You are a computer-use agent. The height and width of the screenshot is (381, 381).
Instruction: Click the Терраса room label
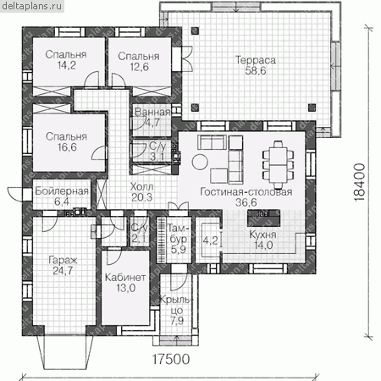click(256, 60)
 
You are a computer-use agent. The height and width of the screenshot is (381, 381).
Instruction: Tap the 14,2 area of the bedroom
click(67, 65)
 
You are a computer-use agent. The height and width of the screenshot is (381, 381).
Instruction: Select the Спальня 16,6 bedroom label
click(66, 141)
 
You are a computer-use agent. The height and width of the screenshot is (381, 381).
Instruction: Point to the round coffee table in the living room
click(200, 162)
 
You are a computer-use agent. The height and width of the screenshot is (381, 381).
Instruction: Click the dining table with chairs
click(279, 164)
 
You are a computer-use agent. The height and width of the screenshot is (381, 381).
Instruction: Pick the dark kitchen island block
click(264, 218)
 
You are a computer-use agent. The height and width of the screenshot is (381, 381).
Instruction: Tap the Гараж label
click(63, 260)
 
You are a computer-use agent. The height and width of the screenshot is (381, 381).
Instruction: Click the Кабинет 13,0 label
click(125, 283)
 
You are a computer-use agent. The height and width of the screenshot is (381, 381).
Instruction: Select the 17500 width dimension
click(171, 359)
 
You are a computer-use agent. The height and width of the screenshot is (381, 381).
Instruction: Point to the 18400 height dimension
click(359, 182)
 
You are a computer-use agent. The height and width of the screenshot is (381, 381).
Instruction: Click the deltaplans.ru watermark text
click(31, 6)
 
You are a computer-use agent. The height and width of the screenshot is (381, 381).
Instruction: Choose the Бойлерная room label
click(62, 191)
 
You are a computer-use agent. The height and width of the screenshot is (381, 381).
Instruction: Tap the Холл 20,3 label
click(142, 192)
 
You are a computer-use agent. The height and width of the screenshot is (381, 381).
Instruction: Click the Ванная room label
click(152, 113)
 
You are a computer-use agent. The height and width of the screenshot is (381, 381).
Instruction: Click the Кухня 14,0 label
click(262, 240)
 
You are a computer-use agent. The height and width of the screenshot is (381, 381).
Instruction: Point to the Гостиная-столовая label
click(246, 192)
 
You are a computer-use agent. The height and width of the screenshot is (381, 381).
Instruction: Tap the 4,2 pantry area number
click(211, 240)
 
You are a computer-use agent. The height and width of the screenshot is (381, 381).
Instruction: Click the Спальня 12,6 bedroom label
click(139, 62)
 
